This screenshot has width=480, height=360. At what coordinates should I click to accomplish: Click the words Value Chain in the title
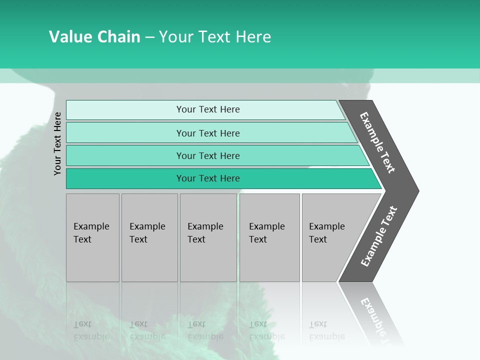[94, 37]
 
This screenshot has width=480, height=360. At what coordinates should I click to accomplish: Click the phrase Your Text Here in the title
[215, 37]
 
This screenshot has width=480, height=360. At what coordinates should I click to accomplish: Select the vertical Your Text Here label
[57, 143]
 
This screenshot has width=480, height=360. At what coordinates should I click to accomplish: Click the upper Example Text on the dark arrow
[378, 142]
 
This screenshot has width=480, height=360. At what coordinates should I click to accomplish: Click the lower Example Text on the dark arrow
[379, 236]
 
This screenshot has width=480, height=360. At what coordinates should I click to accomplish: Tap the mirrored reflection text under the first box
[91, 330]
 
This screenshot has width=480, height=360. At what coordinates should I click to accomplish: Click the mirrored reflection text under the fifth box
[326, 330]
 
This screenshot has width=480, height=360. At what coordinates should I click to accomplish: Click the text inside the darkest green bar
[208, 178]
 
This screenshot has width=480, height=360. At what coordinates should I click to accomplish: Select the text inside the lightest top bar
[208, 109]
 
